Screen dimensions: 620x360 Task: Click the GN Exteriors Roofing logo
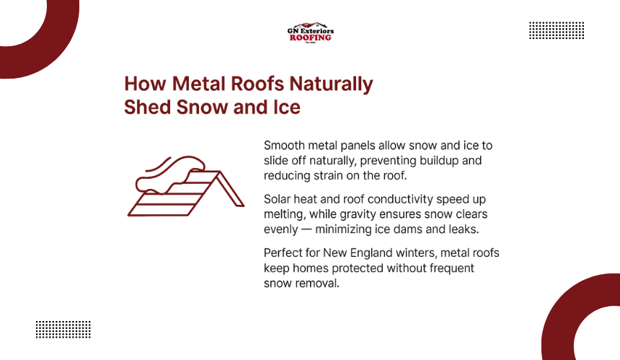tap(311, 32)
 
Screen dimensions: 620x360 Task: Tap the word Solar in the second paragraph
tap(277, 199)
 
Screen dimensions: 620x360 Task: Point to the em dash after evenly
tap(306, 229)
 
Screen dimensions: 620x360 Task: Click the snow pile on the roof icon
tap(170, 175)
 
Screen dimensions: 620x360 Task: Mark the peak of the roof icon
tap(218, 172)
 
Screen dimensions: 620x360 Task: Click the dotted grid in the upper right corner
tap(557, 30)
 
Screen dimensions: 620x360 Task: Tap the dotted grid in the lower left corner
tap(63, 330)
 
